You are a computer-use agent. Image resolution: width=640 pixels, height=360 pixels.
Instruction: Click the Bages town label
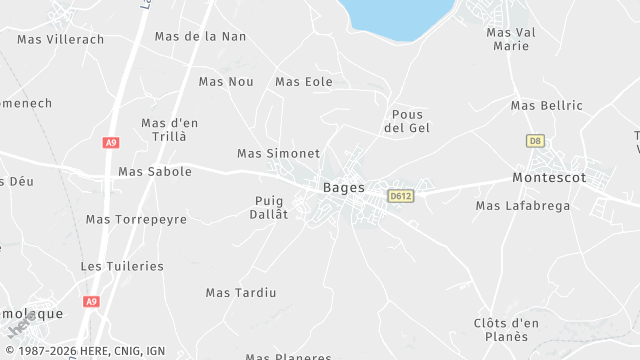343,187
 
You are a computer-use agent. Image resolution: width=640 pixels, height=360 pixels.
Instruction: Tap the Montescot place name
548,177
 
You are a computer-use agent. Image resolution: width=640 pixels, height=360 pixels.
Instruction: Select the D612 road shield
402,196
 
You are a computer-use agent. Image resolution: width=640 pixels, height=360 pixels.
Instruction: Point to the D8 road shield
535,141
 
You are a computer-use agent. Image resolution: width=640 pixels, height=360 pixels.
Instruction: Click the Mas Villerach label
60,39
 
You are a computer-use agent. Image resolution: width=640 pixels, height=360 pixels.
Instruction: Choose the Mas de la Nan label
200,36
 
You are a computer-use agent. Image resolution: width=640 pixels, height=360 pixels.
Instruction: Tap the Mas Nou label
226,81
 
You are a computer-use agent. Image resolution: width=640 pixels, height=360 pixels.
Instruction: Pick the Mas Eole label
303,81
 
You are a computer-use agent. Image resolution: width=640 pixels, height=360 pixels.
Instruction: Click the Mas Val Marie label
511,39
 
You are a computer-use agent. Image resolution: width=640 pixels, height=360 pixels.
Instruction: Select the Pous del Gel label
407,121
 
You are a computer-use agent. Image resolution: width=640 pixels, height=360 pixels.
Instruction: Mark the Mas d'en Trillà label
170,129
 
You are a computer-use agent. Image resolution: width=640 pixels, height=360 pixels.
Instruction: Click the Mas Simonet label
278,153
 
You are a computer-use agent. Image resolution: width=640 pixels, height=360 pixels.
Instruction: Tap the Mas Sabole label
155,171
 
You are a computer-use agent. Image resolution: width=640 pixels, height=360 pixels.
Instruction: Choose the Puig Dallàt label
269,207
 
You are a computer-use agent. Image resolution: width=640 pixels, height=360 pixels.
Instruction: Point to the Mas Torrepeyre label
136,219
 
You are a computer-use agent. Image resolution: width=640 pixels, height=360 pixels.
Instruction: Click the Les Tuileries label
122,266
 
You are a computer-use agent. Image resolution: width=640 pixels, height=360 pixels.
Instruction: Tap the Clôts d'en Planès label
506,329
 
